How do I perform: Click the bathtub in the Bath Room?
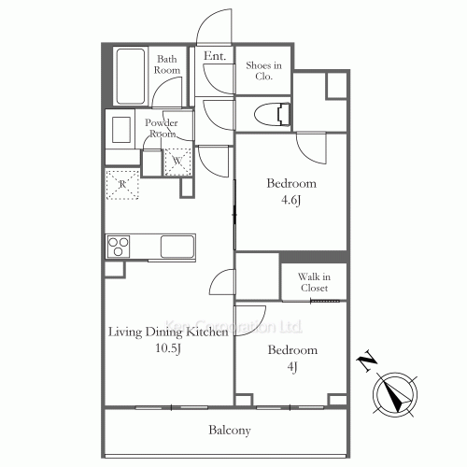131,77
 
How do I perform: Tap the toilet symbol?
273,115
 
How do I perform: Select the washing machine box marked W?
177,162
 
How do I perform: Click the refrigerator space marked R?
122,184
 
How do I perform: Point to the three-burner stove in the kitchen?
119,247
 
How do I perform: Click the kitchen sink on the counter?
177,247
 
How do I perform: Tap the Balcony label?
230,430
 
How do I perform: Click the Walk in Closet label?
314,282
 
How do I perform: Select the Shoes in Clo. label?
263,71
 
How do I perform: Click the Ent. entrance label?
215,56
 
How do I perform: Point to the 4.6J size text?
290,200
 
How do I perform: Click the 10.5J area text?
168,348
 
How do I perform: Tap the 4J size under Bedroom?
292,366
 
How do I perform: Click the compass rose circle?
395,394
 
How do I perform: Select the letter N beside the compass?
367,361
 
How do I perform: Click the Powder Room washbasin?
121,130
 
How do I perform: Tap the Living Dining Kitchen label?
168,332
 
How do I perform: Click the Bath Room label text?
167,64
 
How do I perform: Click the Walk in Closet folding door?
325,301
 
